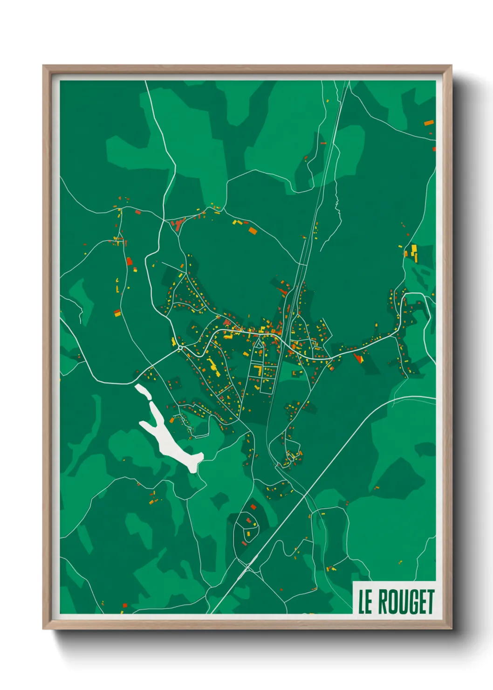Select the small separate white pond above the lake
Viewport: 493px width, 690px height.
click(x=143, y=391)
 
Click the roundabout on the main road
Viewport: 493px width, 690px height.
click(x=180, y=347)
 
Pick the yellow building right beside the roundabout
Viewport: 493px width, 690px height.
click(x=174, y=342)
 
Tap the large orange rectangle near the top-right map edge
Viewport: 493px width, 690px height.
click(x=429, y=123)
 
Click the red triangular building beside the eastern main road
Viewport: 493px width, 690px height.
click(x=358, y=358)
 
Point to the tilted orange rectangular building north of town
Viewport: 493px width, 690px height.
click(x=253, y=230)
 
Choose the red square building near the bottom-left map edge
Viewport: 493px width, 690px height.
click(x=125, y=606)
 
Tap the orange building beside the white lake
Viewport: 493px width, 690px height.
click(x=172, y=421)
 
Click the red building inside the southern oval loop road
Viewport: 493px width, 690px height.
click(x=253, y=506)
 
